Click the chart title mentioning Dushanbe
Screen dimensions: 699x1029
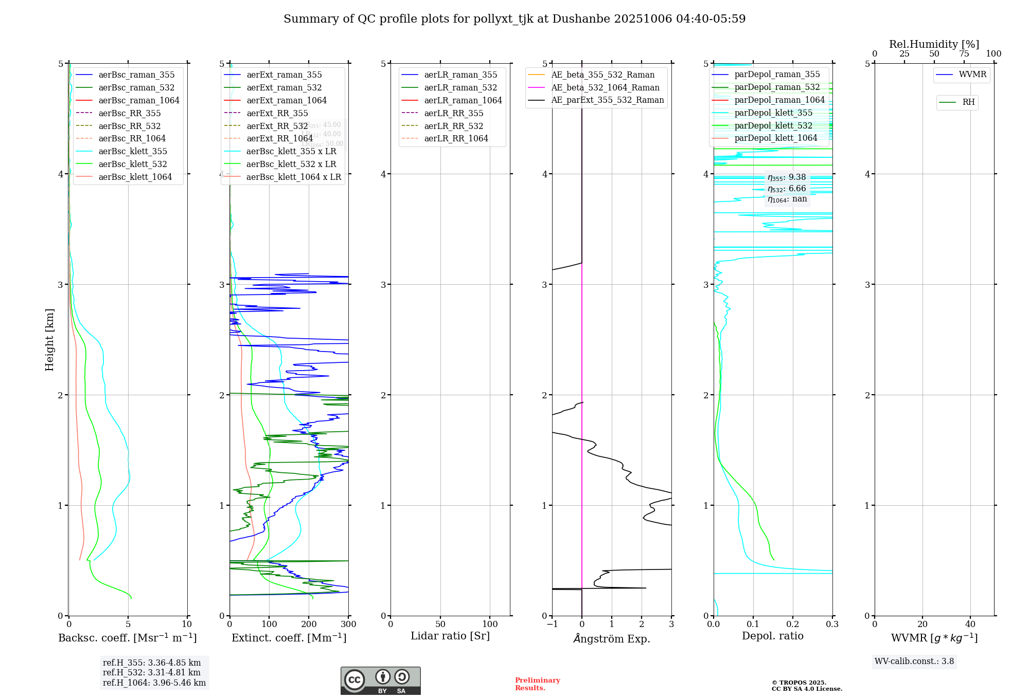pos(514,19)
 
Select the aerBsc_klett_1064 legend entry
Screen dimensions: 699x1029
pos(135,177)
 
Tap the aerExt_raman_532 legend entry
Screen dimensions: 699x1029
pos(284,87)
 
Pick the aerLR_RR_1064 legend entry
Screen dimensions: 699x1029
pos(456,138)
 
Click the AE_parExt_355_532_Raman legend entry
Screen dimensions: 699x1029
pos(607,100)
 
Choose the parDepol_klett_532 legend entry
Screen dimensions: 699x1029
pos(773,125)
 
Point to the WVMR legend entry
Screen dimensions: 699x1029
pos(972,75)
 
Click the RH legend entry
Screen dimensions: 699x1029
pos(968,102)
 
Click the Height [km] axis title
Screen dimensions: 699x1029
pos(49,339)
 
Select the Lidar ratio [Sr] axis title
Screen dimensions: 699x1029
pos(450,636)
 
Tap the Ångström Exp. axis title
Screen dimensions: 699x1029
pos(612,638)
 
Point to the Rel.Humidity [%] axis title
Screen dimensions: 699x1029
pos(934,44)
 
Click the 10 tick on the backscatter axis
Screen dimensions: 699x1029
pos(187,624)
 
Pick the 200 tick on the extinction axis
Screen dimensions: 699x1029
pos(309,624)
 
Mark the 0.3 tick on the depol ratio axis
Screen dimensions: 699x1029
pos(832,624)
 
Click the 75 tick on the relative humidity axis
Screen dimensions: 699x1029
pos(964,54)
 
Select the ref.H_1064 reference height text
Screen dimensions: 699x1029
pos(154,683)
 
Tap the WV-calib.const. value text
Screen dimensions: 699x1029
pos(914,661)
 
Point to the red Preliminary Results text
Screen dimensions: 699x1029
pos(537,684)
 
